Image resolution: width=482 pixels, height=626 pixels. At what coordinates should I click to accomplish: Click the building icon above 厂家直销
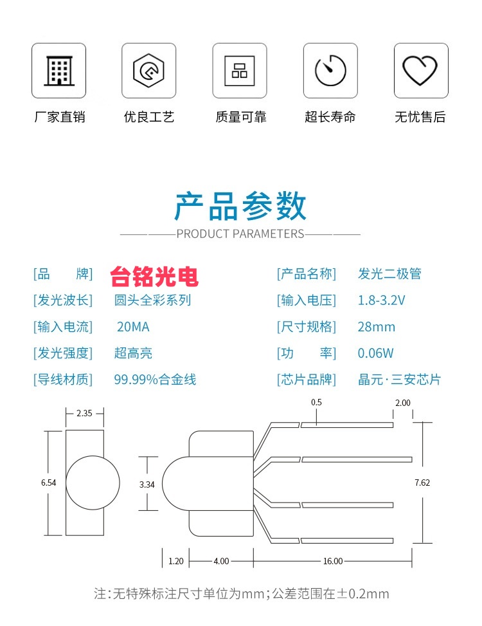(58, 70)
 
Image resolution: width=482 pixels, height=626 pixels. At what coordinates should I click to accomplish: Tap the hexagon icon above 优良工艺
(149, 70)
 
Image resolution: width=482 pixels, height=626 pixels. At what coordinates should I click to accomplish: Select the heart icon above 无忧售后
(421, 70)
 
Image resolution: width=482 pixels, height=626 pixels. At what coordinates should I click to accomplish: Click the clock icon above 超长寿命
(330, 70)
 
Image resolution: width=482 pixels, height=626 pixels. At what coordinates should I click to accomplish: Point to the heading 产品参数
(240, 207)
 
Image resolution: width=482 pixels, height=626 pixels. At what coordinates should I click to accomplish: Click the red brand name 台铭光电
(154, 276)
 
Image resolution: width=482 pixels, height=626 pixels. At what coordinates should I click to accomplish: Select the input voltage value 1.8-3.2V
(381, 300)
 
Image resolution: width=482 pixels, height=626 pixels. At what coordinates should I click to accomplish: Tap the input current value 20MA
(132, 327)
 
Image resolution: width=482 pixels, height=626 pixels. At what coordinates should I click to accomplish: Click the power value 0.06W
(375, 353)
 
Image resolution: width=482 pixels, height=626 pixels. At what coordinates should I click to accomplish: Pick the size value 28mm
(376, 327)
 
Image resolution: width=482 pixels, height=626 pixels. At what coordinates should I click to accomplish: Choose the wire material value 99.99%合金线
(155, 380)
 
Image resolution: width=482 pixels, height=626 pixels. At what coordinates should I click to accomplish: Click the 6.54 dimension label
(48, 483)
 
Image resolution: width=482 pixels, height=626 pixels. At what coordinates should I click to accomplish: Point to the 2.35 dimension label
(84, 414)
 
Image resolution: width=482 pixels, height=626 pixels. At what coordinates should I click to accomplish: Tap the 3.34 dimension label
(147, 484)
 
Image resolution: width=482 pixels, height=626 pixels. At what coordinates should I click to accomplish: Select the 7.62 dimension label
(422, 483)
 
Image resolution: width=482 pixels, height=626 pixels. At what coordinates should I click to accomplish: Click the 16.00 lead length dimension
(332, 561)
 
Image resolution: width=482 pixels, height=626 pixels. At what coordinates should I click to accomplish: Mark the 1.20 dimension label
(175, 561)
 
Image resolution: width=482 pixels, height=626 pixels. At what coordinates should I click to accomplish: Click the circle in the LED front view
(93, 483)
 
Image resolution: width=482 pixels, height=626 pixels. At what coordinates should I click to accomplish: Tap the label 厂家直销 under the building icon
(59, 117)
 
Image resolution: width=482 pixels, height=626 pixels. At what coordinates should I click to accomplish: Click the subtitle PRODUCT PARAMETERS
(240, 234)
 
